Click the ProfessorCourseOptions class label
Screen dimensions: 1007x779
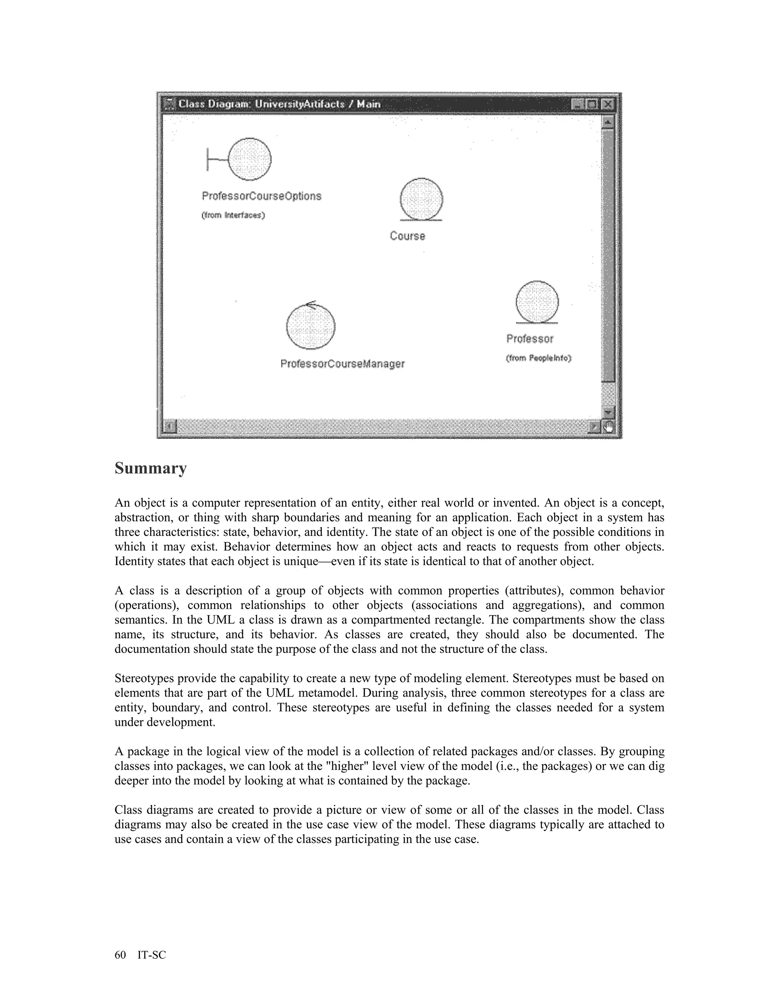261,196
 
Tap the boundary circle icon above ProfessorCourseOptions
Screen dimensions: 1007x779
249,159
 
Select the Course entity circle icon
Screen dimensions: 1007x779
421,199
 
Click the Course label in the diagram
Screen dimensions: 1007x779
407,236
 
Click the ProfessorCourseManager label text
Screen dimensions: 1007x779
342,364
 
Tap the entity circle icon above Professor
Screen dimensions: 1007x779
537,302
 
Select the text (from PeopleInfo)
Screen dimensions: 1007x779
539,358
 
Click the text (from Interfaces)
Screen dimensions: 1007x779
233,215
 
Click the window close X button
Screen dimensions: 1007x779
609,104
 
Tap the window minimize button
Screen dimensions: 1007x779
578,104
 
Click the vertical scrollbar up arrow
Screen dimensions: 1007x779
608,122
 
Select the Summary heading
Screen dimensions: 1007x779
151,468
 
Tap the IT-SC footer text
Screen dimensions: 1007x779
151,955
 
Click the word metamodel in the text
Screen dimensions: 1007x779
324,693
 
